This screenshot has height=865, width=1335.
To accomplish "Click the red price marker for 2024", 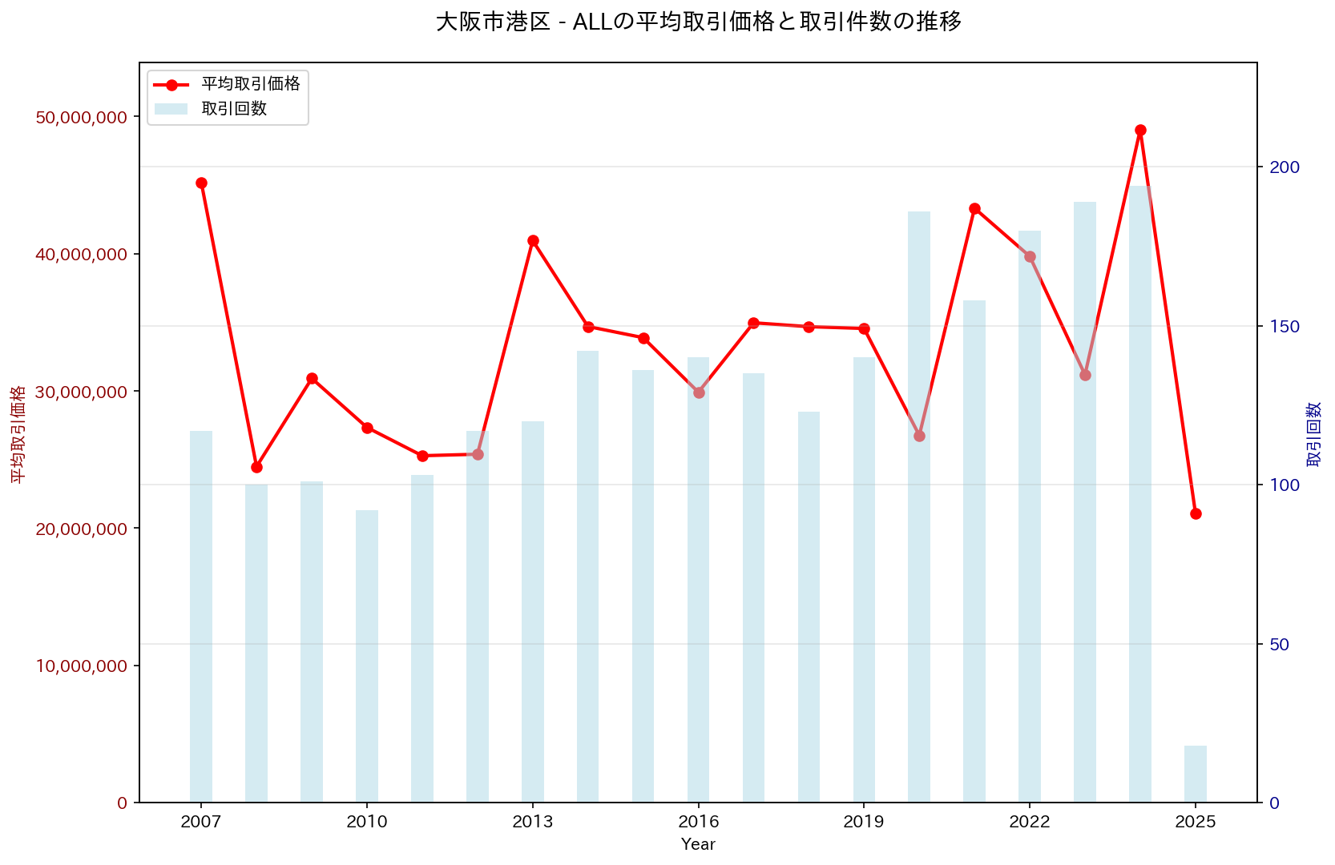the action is point(1140,130).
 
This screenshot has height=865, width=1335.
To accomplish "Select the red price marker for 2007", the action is point(201,183).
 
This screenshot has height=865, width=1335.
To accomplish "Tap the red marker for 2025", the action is point(1196,513).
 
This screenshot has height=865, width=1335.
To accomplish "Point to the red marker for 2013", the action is point(533,240).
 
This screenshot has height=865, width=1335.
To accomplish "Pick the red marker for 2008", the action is point(256,467).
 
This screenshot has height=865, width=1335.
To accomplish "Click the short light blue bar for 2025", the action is point(1196,774).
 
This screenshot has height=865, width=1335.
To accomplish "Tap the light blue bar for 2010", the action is point(367,657).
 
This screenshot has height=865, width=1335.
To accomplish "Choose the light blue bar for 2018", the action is point(809,607).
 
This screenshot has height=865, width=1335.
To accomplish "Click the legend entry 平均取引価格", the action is point(250,84).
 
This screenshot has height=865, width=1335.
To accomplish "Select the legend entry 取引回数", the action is point(234,109).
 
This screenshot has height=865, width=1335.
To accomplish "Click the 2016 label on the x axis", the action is point(698,823).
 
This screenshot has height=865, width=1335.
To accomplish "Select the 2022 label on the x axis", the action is point(1030,823).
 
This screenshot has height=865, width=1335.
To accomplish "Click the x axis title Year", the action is point(698,844).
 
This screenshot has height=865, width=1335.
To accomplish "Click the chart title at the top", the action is point(698,22).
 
